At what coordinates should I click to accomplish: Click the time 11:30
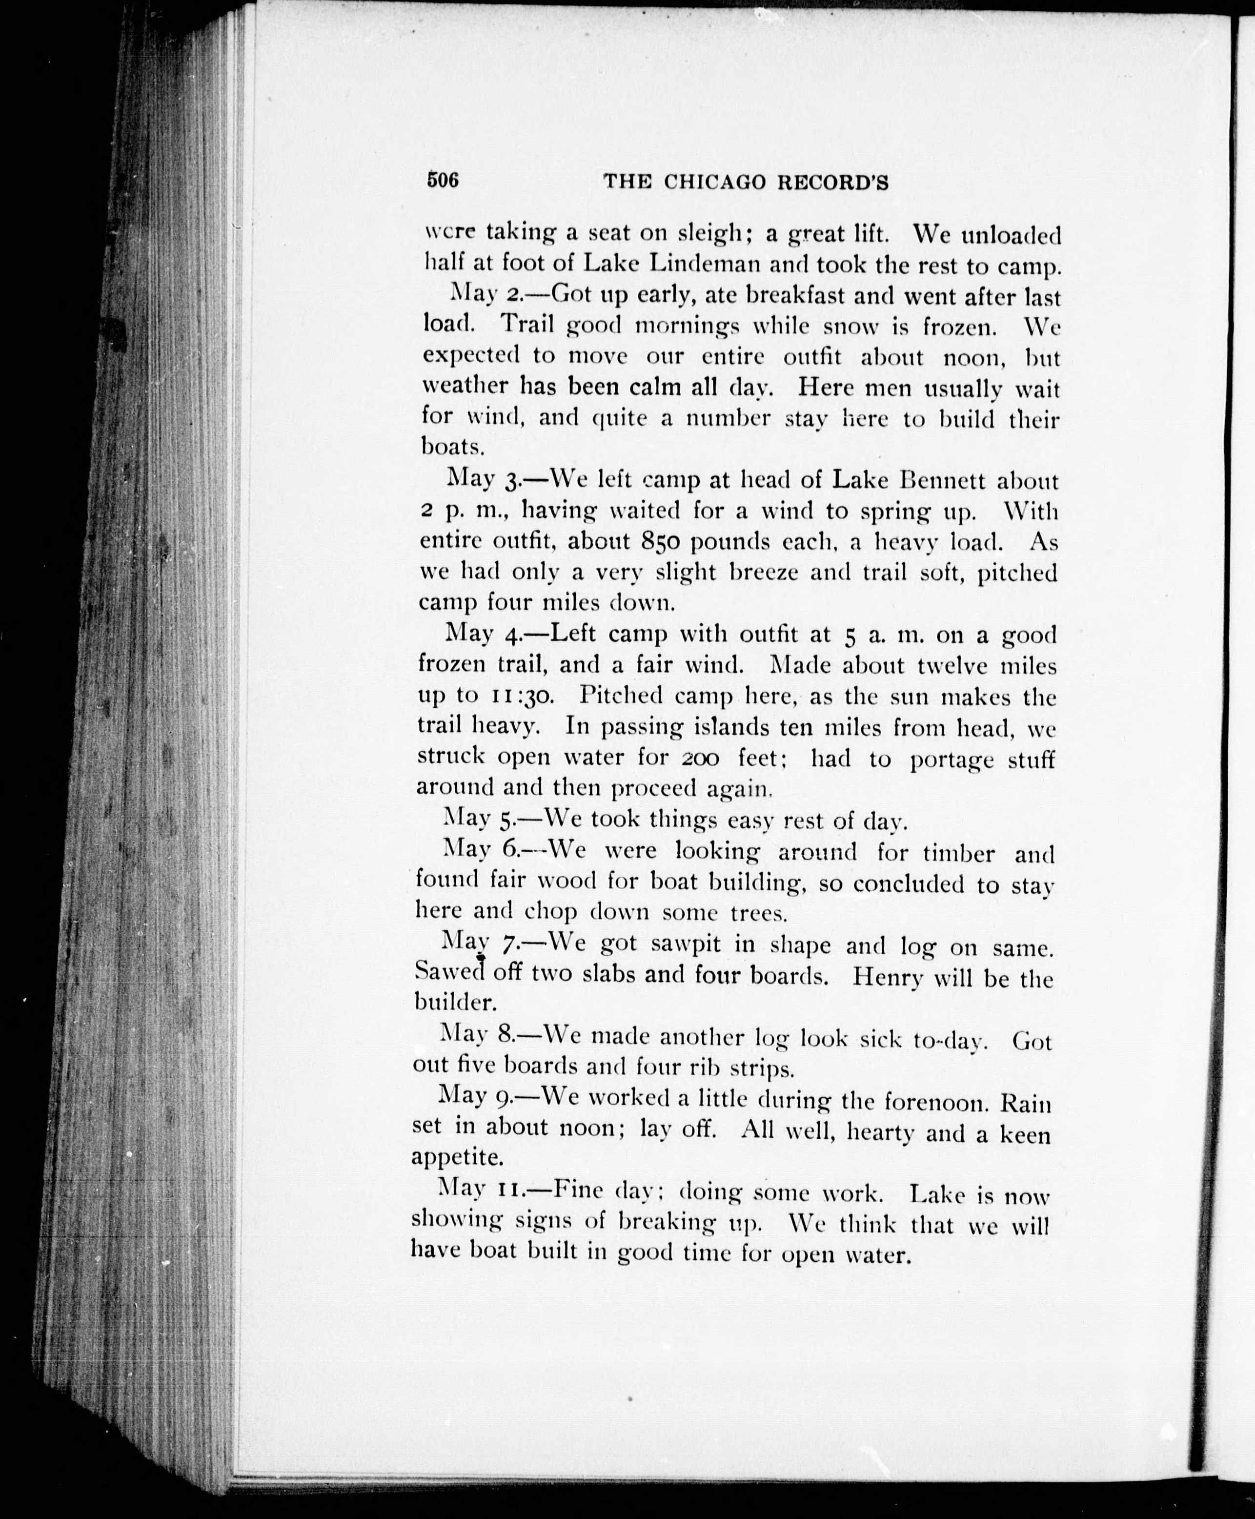pyautogui.click(x=522, y=696)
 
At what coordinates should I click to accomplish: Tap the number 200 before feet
pyautogui.click(x=700, y=759)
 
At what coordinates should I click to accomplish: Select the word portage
pyautogui.click(x=951, y=760)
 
